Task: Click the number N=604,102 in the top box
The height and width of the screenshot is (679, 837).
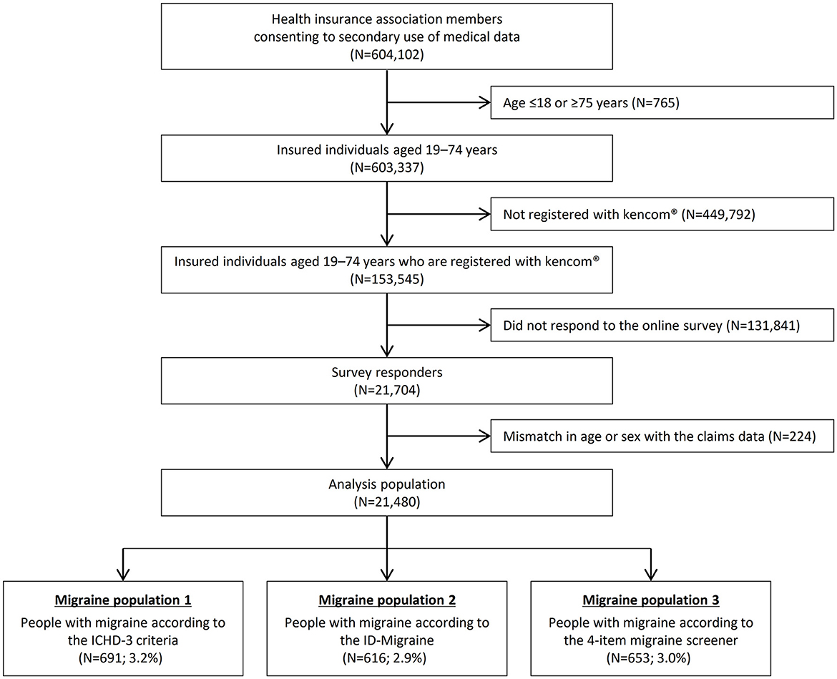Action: coord(386,54)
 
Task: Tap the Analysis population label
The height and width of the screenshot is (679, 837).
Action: coord(386,484)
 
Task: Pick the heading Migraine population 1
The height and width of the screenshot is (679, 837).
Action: coord(126,600)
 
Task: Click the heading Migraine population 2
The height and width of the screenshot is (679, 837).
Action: coord(386,600)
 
